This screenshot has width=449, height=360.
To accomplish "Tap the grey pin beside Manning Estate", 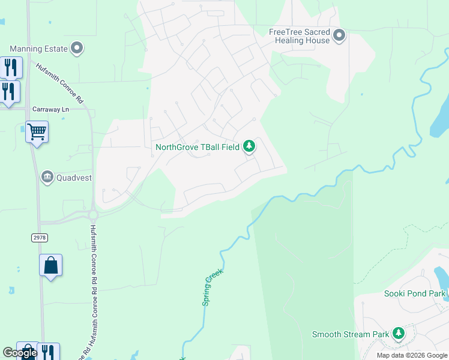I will (x=77, y=47).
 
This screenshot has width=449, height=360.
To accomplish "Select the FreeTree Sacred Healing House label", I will (x=299, y=36).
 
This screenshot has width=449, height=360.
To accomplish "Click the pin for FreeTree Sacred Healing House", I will (x=339, y=35).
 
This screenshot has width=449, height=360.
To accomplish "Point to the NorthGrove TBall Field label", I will (x=197, y=147).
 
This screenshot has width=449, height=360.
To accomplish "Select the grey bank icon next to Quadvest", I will (x=47, y=177).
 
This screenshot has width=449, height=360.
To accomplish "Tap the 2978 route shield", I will (x=39, y=238).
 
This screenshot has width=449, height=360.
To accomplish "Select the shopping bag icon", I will (x=51, y=265).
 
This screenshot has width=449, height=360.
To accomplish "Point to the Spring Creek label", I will (x=212, y=287).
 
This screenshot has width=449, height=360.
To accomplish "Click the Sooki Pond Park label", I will (x=415, y=293).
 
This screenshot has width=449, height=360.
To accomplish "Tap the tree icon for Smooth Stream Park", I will (x=398, y=333).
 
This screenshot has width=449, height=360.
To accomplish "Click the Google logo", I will (x=20, y=353).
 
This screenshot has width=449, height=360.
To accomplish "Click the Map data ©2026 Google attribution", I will (x=411, y=355).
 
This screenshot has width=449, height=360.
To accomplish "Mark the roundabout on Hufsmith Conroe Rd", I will (x=93, y=214).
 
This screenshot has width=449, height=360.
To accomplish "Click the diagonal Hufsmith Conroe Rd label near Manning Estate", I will (x=59, y=83).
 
